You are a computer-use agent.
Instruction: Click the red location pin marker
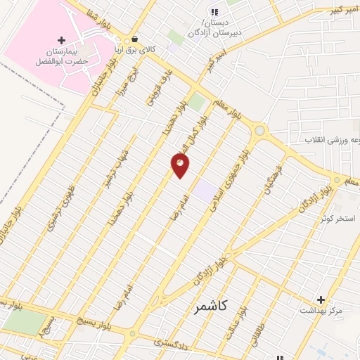point(180,165)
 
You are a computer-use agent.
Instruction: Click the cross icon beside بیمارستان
point(62,41)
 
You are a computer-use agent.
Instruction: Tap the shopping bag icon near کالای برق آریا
point(134,39)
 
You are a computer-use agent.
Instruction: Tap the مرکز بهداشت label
point(321,310)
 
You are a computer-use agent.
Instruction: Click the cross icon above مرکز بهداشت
point(321,300)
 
